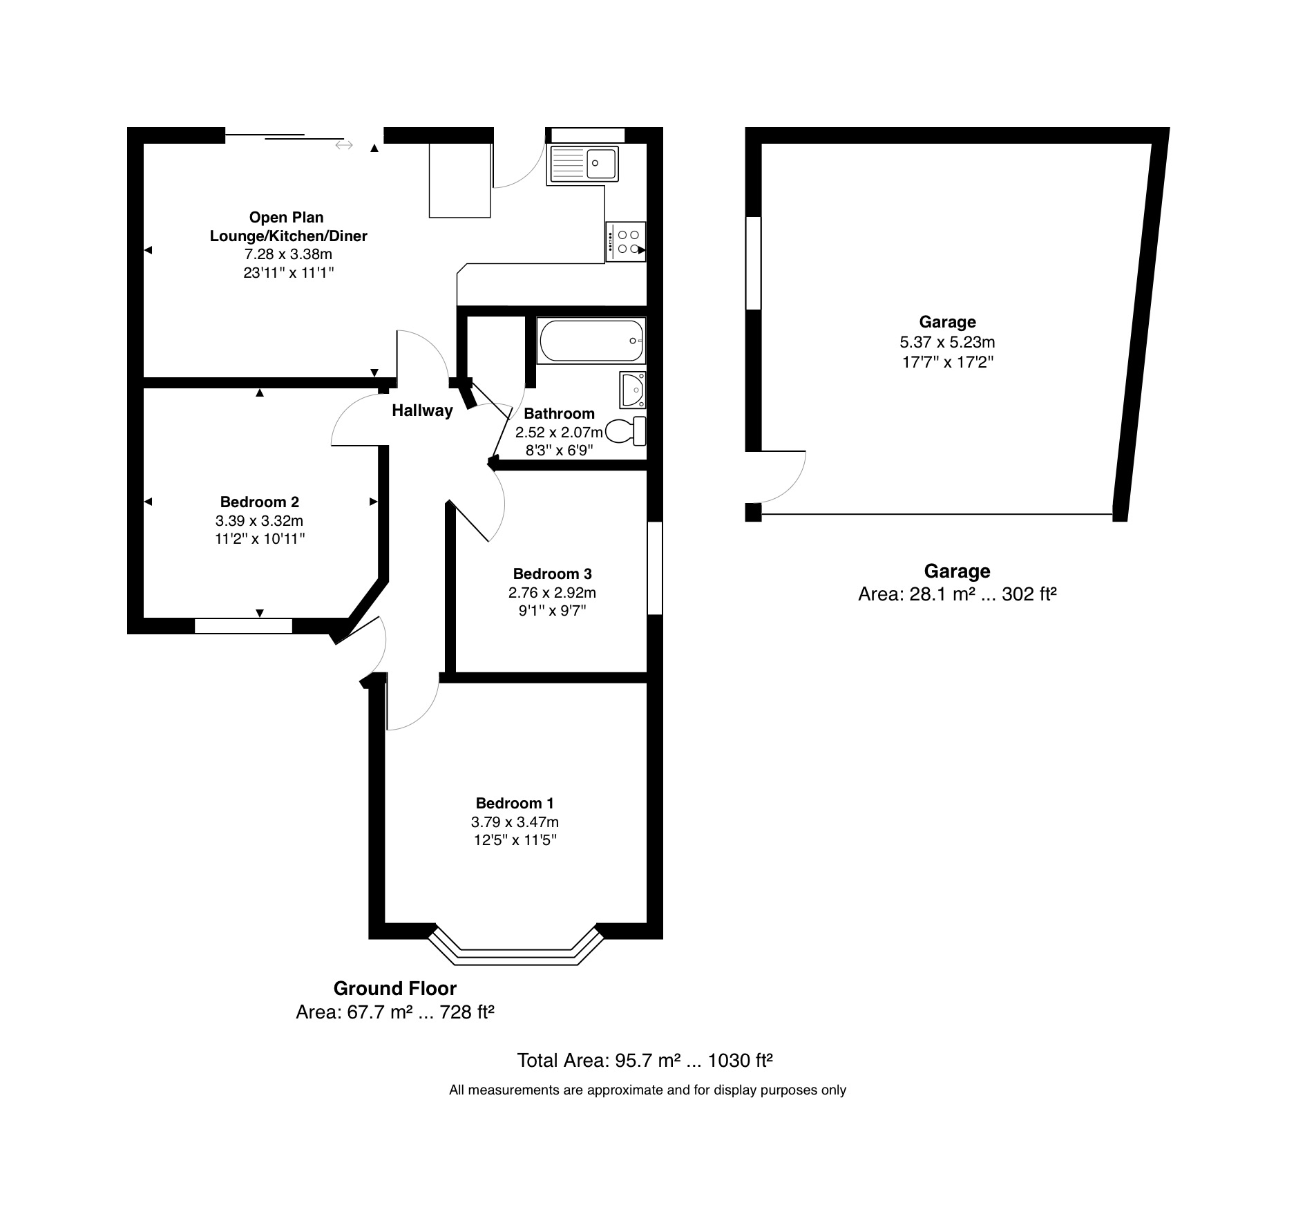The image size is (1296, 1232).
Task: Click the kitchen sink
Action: (583, 164)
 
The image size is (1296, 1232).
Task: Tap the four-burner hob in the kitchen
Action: (626, 242)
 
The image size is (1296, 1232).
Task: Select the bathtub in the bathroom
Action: (591, 341)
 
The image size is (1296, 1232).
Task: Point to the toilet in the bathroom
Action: (626, 431)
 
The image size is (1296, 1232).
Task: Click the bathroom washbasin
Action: (633, 390)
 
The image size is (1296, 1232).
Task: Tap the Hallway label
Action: (422, 410)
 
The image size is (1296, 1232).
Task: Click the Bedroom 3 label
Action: (552, 574)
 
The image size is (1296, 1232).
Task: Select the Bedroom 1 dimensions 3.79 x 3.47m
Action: (515, 822)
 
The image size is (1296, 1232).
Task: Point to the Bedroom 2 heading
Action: (259, 502)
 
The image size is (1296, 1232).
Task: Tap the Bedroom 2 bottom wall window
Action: (243, 626)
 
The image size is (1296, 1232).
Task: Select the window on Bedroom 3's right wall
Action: (655, 568)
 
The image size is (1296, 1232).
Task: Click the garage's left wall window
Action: (753, 263)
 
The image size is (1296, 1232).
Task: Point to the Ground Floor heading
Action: (395, 988)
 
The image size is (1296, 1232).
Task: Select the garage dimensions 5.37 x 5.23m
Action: (947, 342)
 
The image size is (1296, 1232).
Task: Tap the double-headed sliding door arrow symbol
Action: (344, 145)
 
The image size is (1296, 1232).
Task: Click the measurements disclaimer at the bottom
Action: (647, 1090)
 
